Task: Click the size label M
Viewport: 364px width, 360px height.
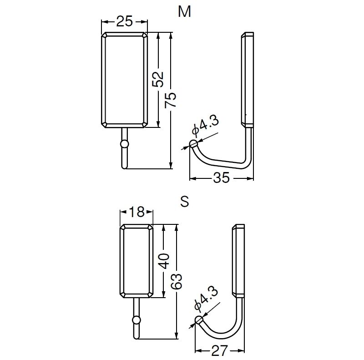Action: [184, 12]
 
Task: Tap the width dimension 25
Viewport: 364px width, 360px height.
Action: [124, 21]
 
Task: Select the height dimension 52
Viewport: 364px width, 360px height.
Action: [158, 80]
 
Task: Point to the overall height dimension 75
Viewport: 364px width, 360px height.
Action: [171, 100]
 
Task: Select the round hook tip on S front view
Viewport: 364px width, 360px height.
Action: [136, 319]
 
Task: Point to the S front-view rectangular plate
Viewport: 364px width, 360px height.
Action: [136, 261]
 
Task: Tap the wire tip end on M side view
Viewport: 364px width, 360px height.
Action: [193, 144]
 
